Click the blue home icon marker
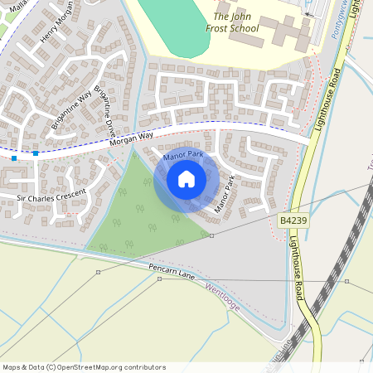186,179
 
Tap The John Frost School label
236,22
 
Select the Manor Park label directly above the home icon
183,155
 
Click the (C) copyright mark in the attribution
51,367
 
